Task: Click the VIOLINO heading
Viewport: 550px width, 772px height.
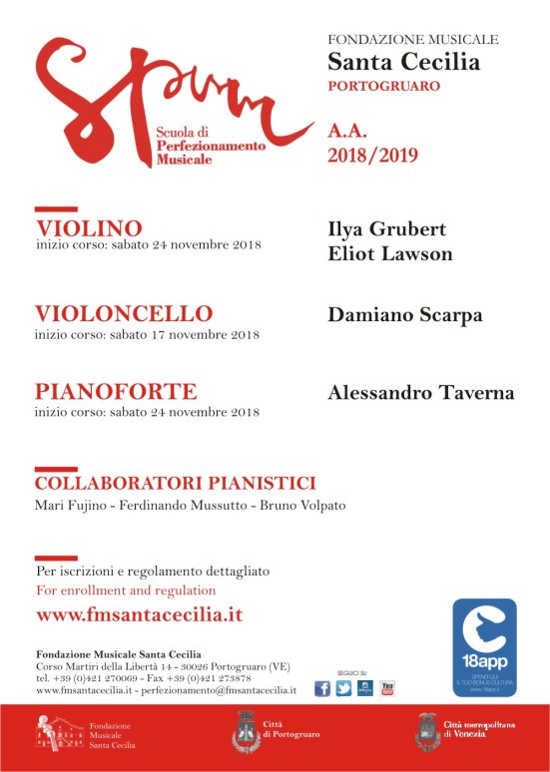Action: point(89,228)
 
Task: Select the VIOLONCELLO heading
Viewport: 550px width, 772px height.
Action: point(124,314)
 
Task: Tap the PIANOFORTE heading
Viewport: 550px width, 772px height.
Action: point(116,391)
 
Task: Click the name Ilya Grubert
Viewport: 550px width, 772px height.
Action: point(386,230)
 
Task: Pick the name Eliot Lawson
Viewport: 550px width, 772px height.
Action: point(390,254)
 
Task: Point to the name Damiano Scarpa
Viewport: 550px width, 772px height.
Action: point(405,315)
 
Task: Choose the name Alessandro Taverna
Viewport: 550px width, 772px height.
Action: point(421,393)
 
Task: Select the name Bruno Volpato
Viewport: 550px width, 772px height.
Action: point(302,506)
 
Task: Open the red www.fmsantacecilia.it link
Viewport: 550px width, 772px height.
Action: point(139,614)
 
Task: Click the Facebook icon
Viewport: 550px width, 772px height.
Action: point(322,688)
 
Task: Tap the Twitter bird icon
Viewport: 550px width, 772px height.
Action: point(343,688)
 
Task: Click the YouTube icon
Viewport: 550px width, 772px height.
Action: point(387,688)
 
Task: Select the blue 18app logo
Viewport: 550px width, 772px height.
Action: point(484,646)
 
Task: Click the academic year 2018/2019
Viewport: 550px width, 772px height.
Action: point(373,156)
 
